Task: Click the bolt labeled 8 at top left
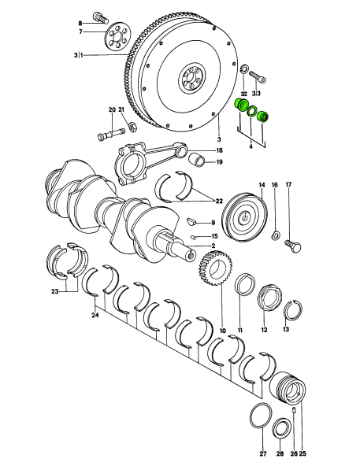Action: point(100,18)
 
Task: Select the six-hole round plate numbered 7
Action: point(118,38)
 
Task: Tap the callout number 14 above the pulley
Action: point(262,185)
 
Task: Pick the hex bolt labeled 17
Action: point(293,246)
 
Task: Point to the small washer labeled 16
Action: point(276,235)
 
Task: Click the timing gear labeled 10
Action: point(215,268)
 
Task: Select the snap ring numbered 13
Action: point(292,310)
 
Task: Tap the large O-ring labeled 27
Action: point(261,416)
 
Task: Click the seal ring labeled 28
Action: point(282,428)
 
